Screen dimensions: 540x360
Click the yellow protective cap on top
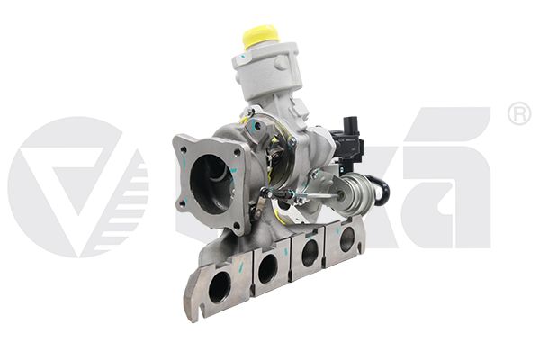pyautogui.click(x=260, y=37)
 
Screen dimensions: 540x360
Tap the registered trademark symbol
pyautogui.click(x=520, y=113)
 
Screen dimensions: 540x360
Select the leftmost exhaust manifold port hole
pyautogui.click(x=219, y=287)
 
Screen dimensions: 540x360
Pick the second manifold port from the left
pyautogui.click(x=268, y=268)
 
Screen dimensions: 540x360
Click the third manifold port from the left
pyautogui.click(x=310, y=253)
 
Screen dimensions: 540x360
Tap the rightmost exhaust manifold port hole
pyautogui.click(x=346, y=238)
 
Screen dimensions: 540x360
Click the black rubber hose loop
pyautogui.click(x=382, y=190)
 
